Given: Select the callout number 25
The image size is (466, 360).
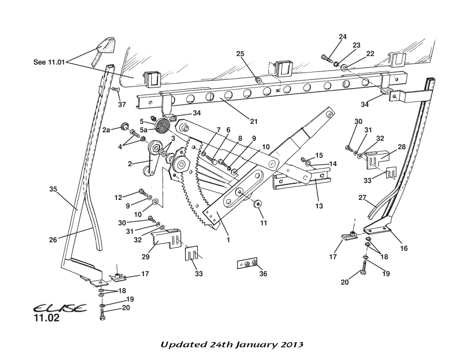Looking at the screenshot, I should pyautogui.click(x=240, y=54).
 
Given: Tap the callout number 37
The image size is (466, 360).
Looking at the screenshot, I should pyautogui.click(x=122, y=104).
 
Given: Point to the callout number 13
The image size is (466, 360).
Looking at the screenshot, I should pyautogui.click(x=318, y=206).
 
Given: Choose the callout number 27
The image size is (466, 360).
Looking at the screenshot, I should pyautogui.click(x=362, y=197).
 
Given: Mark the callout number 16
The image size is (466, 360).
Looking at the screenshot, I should pyautogui.click(x=404, y=248).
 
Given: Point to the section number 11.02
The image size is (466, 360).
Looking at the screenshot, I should pyautogui.click(x=47, y=318).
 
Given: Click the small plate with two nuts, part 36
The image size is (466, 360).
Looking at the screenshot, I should pyautogui.click(x=247, y=264).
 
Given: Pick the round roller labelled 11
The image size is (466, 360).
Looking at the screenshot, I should pyautogui.click(x=258, y=203).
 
